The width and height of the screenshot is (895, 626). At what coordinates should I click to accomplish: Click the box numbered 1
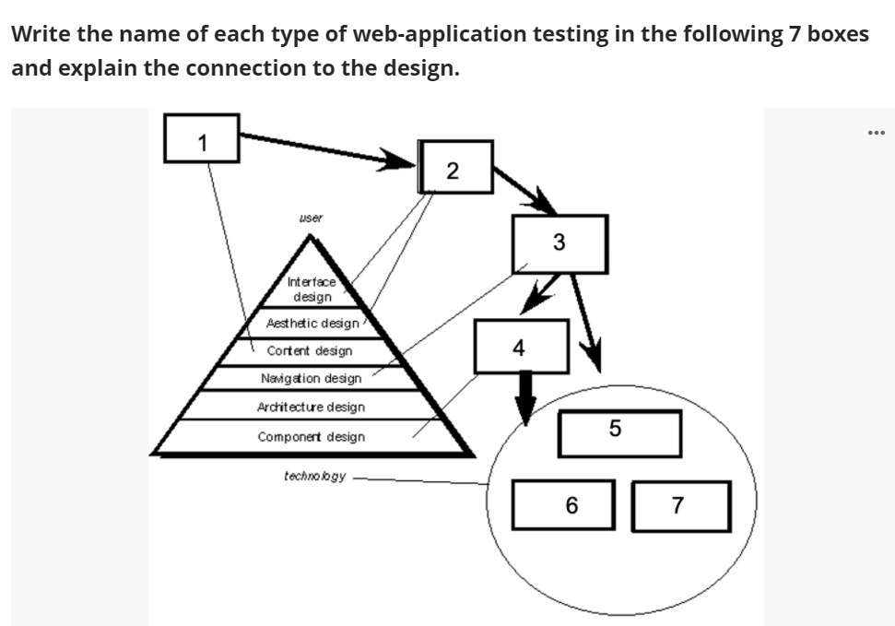pyautogui.click(x=202, y=138)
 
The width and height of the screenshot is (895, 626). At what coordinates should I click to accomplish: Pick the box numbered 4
pyautogui.click(x=520, y=347)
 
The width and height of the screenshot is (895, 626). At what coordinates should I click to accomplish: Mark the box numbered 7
pyautogui.click(x=681, y=505)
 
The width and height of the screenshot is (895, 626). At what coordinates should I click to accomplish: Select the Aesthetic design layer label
pyautogui.click(x=312, y=323)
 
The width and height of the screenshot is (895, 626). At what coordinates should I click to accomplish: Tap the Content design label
pyautogui.click(x=310, y=351)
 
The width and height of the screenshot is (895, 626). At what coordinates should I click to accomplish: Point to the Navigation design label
pyautogui.click(x=311, y=378)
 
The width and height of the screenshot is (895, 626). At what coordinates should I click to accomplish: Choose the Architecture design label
pyautogui.click(x=311, y=407)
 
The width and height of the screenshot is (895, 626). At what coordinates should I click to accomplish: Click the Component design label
pyautogui.click(x=311, y=437)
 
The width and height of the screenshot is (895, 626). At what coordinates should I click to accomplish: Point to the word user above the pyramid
pyautogui.click(x=311, y=219)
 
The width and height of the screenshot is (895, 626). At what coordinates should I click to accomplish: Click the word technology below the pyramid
pyautogui.click(x=315, y=476)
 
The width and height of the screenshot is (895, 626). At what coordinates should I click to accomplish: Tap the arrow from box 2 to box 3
pyautogui.click(x=524, y=190)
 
